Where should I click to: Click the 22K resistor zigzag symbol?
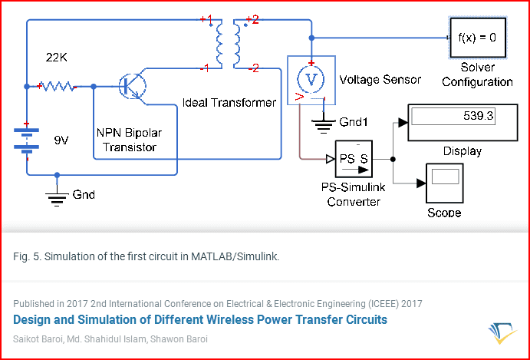[x=57, y=87]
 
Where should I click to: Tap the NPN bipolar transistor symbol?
[x=133, y=87]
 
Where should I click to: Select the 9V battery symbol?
[x=26, y=139]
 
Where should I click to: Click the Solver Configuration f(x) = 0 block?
[x=478, y=38]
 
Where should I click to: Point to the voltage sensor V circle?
[x=311, y=79]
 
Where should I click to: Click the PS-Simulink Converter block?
[x=354, y=159]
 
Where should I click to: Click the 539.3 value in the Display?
[x=479, y=117]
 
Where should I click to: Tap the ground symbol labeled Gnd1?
[x=323, y=124]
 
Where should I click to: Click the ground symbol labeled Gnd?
[x=57, y=197]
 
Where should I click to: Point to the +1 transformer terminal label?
[x=206, y=19]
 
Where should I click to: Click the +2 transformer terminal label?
[x=252, y=20]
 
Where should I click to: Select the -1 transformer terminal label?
[x=205, y=69]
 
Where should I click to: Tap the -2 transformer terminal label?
[x=254, y=69]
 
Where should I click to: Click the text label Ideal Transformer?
[x=229, y=103]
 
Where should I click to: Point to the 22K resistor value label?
[x=57, y=58]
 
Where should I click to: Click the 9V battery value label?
[x=61, y=140]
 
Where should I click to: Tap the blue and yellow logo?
[x=502, y=333]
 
